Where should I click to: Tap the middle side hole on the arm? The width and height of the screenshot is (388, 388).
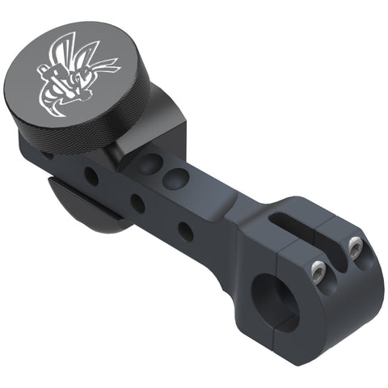tap(138, 203)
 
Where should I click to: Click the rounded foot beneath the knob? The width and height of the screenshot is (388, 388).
tap(81, 206)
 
